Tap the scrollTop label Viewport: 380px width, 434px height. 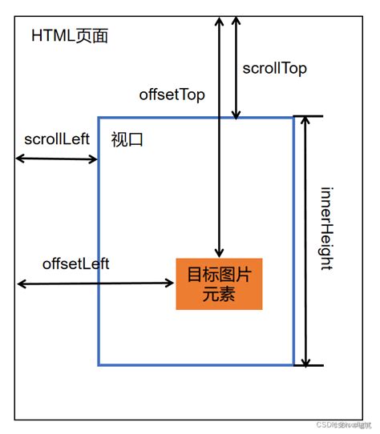click(x=274, y=68)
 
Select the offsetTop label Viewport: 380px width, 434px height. click(x=172, y=94)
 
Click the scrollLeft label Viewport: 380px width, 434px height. click(x=56, y=139)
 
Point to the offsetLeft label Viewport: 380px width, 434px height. click(x=75, y=263)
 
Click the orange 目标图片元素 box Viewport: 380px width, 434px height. click(x=220, y=284)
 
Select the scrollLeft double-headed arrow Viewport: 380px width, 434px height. click(x=56, y=159)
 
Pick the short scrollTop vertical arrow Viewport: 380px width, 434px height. click(x=235, y=64)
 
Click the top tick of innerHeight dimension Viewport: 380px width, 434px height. click(x=307, y=116)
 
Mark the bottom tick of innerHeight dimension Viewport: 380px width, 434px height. click(x=307, y=366)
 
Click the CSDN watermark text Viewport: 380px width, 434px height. click(x=341, y=424)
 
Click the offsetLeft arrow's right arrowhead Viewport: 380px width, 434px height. click(x=170, y=283)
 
